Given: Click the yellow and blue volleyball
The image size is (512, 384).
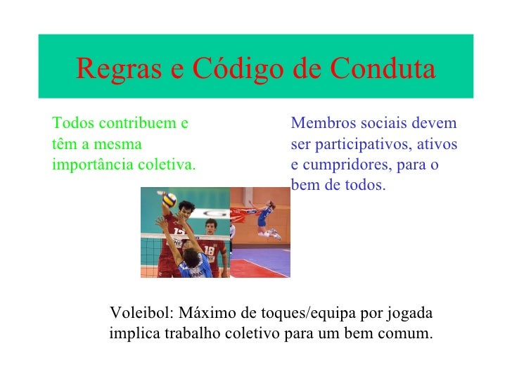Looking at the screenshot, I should click(169, 200).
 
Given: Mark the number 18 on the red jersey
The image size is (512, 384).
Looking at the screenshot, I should click(209, 250).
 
